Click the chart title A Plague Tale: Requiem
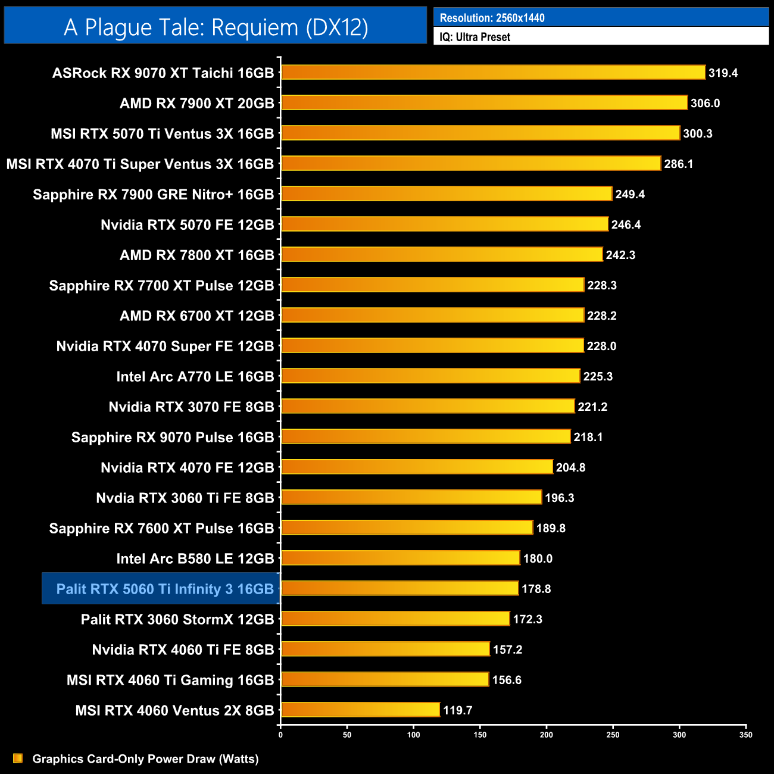(216, 27)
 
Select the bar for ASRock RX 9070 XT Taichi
(493, 73)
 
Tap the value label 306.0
(705, 104)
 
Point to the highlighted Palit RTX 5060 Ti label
(165, 589)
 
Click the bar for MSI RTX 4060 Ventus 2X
(360, 710)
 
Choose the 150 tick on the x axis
(480, 735)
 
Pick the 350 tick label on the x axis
(745, 735)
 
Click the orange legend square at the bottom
(18, 758)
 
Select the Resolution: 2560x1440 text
(492, 18)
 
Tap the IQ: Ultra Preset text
(475, 37)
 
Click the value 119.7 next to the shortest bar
(457, 710)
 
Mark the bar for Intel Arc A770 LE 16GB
(430, 376)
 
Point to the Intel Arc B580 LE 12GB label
(195, 558)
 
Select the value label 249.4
(630, 195)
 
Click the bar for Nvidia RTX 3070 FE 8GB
(427, 406)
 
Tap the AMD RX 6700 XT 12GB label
(197, 316)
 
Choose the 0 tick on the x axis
(280, 735)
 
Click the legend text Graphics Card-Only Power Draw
(145, 759)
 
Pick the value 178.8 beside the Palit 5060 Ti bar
(536, 589)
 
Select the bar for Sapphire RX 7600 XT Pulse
(407, 528)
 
